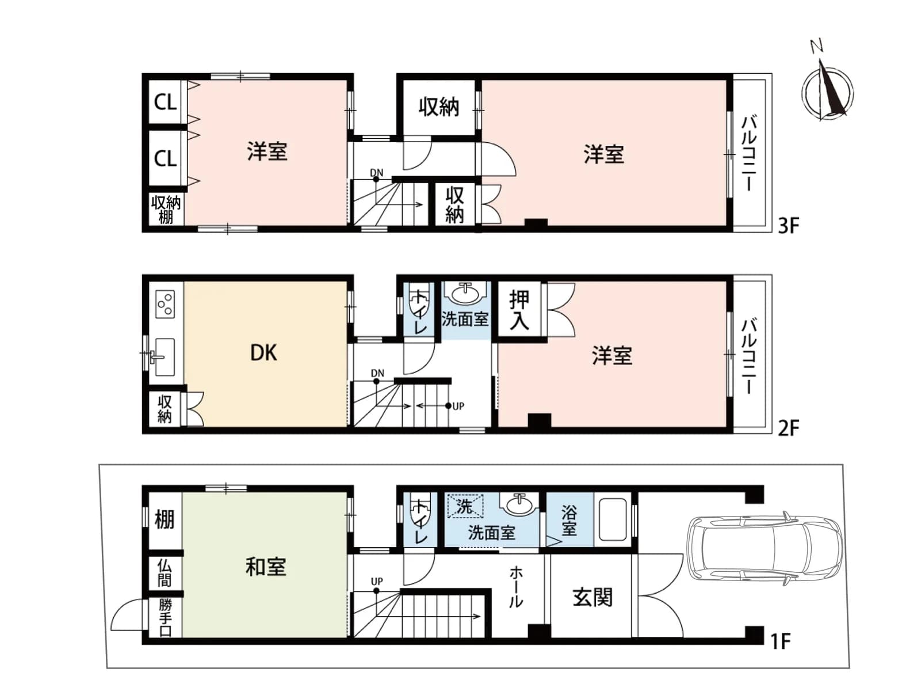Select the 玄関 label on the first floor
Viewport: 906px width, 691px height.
pyautogui.click(x=592, y=597)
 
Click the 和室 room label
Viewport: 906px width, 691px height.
pyautogui.click(x=265, y=567)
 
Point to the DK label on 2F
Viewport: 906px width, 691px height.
pyautogui.click(x=264, y=353)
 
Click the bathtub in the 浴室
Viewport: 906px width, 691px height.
pyautogui.click(x=613, y=519)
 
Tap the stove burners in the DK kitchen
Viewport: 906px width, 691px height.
pyautogui.click(x=165, y=305)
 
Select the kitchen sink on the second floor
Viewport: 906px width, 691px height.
pyautogui.click(x=164, y=357)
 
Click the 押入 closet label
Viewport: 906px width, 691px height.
pyautogui.click(x=519, y=310)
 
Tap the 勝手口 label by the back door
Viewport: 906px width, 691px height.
pyautogui.click(x=165, y=617)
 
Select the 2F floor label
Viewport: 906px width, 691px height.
pyautogui.click(x=789, y=428)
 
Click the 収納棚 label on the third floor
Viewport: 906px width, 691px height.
pyautogui.click(x=166, y=210)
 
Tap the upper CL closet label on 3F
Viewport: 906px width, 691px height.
pyautogui.click(x=165, y=101)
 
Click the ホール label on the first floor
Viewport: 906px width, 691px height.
pyautogui.click(x=516, y=587)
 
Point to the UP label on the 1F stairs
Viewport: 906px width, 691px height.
pyautogui.click(x=376, y=582)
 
